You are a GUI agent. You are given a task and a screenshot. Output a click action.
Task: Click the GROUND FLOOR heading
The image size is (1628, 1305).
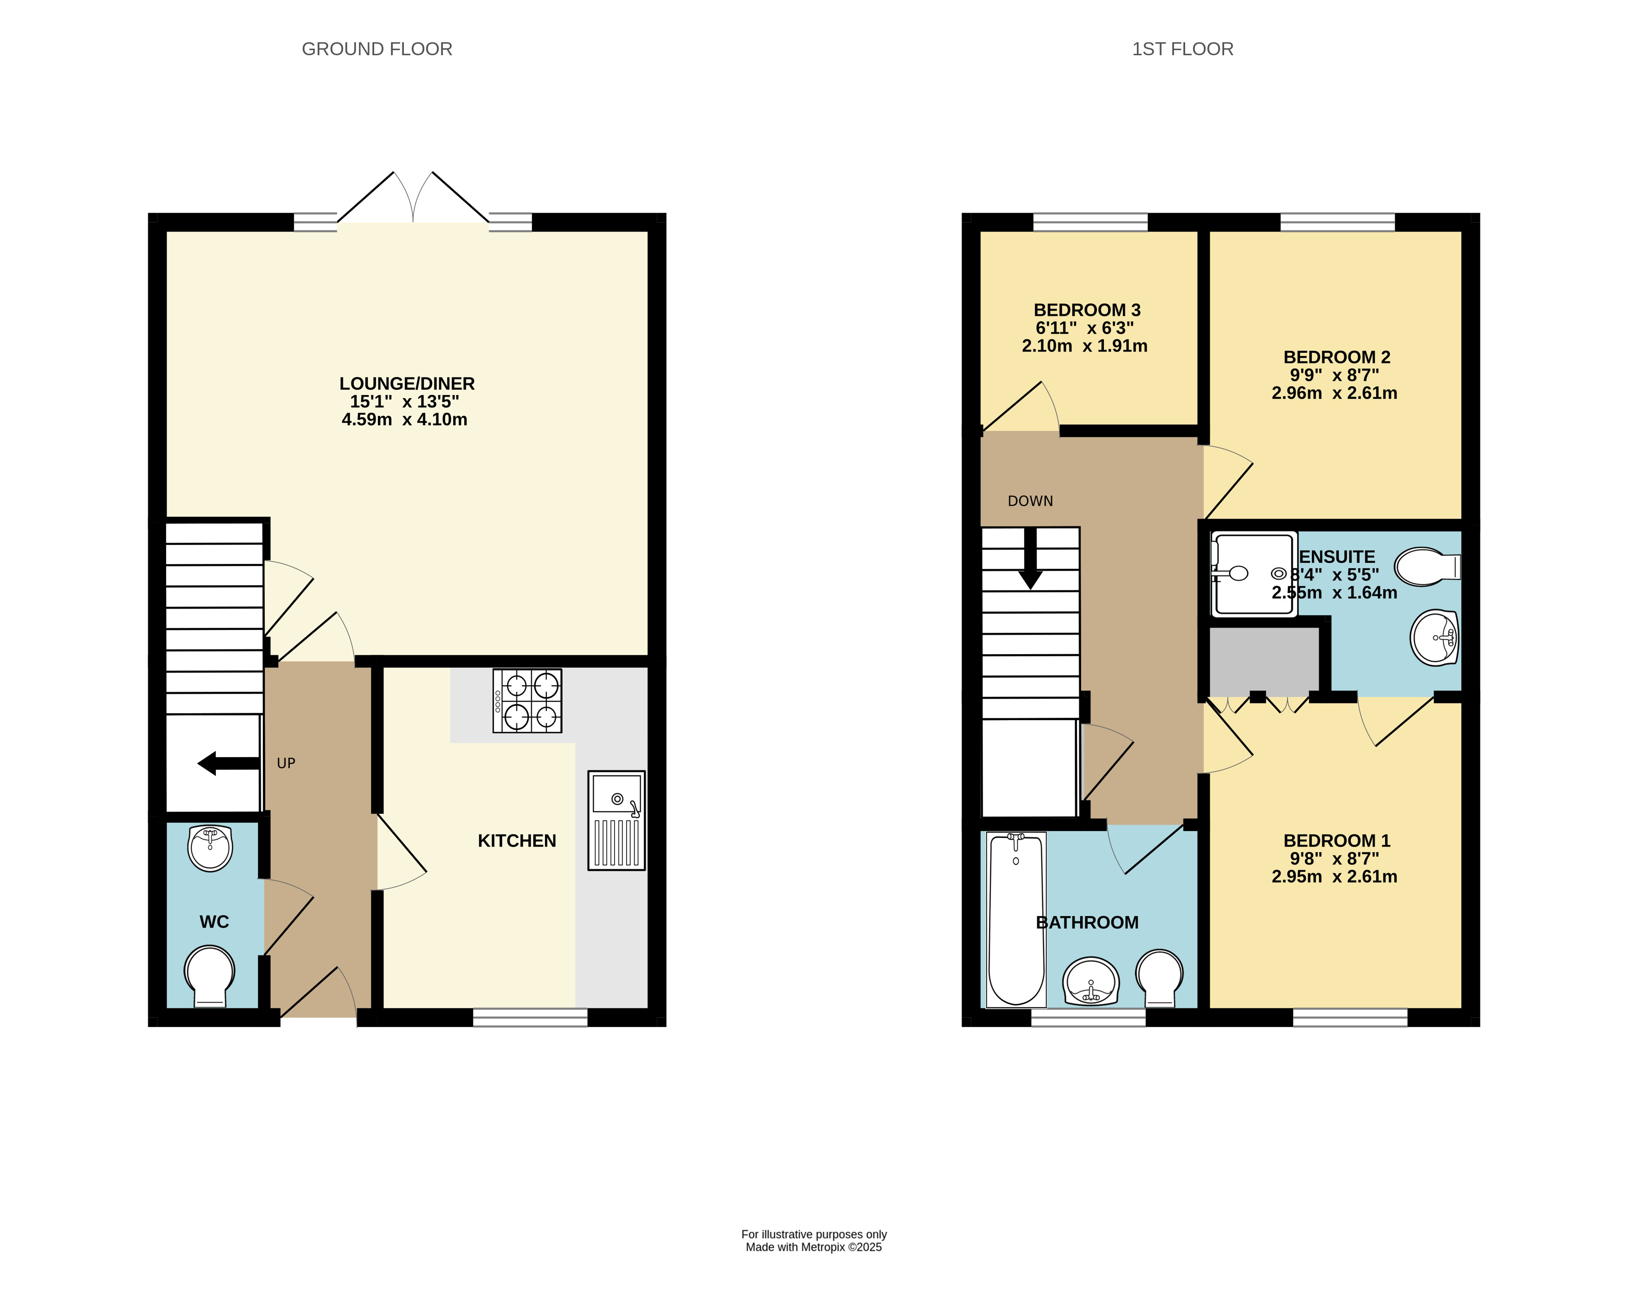377,49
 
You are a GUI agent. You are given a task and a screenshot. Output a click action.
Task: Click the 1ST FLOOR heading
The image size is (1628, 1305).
1182,49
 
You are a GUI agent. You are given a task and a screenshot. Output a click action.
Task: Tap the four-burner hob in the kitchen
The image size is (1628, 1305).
527,701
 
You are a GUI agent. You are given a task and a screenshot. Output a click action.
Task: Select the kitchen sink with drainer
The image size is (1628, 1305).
616,820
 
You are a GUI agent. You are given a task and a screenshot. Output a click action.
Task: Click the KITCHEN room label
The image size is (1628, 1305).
517,841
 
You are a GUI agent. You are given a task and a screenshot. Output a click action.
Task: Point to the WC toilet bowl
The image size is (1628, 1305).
209,974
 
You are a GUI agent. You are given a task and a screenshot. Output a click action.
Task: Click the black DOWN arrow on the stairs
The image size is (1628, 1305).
1030,559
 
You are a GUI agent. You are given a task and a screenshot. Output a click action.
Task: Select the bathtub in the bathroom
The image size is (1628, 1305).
1016,919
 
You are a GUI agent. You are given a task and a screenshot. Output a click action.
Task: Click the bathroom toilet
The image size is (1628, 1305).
1159,976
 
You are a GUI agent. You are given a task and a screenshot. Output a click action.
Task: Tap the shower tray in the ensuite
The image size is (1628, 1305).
1252,574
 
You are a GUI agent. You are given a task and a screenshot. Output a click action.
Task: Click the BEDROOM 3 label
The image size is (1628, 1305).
1087,311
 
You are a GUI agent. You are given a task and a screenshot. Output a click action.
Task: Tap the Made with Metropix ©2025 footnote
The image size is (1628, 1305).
813,1247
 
